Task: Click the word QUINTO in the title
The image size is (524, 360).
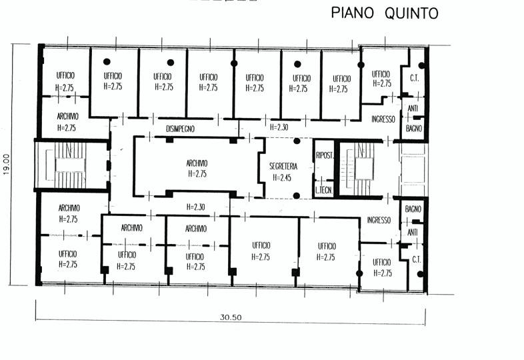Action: (x=412, y=13)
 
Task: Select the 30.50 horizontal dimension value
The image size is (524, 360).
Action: (x=231, y=317)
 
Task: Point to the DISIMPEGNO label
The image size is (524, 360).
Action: (x=180, y=128)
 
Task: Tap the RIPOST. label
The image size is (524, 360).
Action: (x=323, y=151)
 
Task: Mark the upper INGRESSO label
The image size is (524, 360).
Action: (x=383, y=119)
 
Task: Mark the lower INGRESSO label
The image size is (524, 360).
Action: (x=379, y=221)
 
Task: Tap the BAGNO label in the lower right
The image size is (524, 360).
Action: (x=414, y=209)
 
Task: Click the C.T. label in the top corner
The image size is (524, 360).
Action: (x=414, y=76)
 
